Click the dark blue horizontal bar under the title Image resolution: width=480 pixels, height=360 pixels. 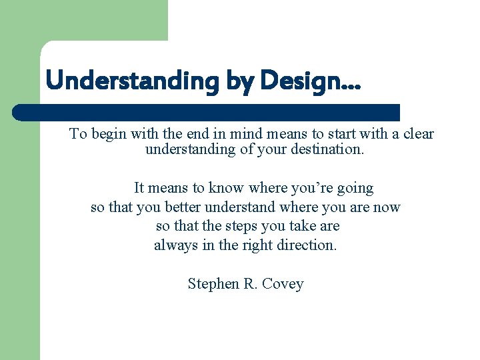click(207, 112)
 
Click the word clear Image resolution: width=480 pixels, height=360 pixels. click(419, 134)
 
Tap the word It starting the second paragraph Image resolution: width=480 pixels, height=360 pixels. click(139, 188)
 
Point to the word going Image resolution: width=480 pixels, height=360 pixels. click(355, 188)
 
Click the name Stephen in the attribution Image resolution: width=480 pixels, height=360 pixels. click(211, 284)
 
